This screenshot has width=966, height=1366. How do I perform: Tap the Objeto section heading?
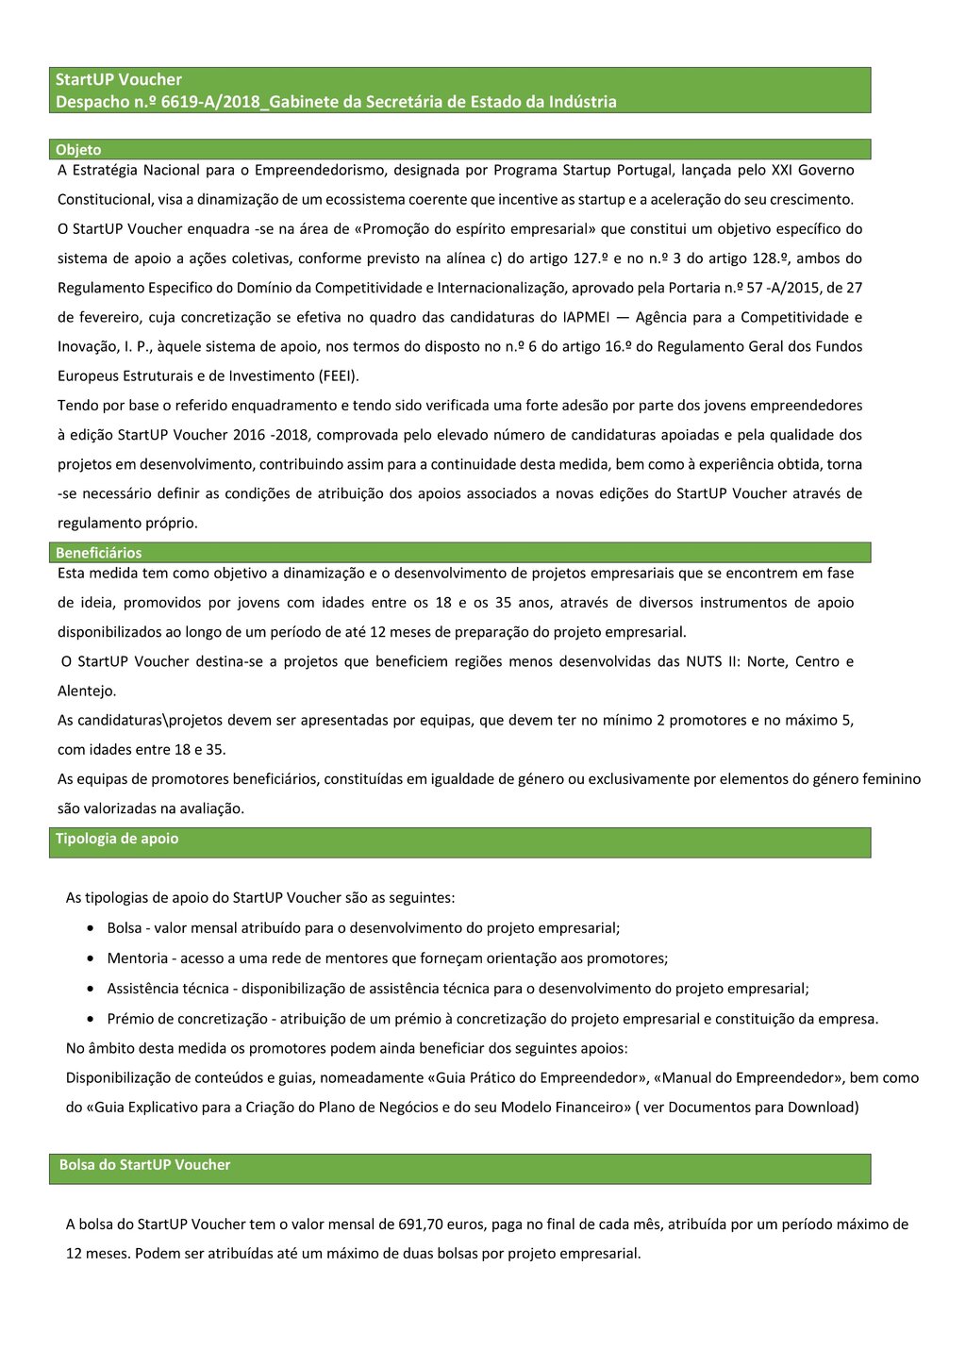tap(78, 150)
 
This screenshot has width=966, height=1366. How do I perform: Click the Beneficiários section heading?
tap(98, 553)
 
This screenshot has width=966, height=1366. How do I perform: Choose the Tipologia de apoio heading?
tap(117, 839)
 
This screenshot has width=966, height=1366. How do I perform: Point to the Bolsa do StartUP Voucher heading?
tap(144, 1165)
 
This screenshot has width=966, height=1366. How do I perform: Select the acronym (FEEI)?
tap(339, 376)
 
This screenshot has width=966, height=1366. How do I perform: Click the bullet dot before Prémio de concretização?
tap(89, 1019)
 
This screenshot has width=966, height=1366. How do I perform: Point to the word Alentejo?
tap(86, 691)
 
